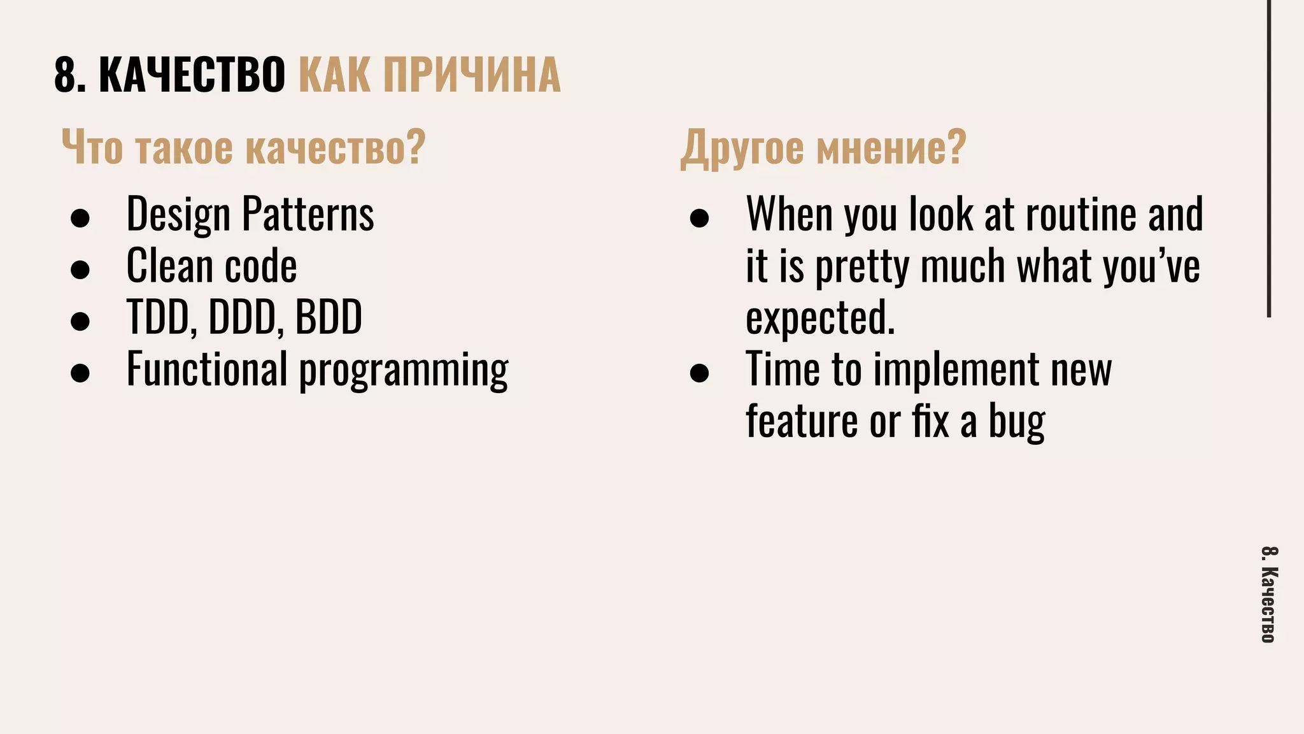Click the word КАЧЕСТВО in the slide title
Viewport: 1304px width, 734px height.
coord(192,75)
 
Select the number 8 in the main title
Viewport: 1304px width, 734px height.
coord(66,75)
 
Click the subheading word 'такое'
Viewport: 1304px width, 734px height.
coord(184,147)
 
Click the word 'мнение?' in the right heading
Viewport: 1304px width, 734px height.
coord(891,147)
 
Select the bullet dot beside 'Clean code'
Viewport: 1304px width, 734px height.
coord(80,270)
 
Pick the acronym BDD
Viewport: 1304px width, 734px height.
coord(329,317)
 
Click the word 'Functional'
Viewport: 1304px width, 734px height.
coord(207,369)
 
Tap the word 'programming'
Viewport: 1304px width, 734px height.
coord(404,370)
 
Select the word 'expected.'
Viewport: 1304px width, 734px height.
coord(820,318)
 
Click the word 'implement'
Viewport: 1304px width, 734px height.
coord(956,370)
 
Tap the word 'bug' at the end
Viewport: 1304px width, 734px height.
coord(1016,422)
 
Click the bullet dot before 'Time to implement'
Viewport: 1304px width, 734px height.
coord(699,373)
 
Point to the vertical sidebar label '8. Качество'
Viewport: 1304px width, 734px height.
coord(1268,594)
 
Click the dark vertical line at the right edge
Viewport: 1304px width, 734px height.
coord(1269,159)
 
